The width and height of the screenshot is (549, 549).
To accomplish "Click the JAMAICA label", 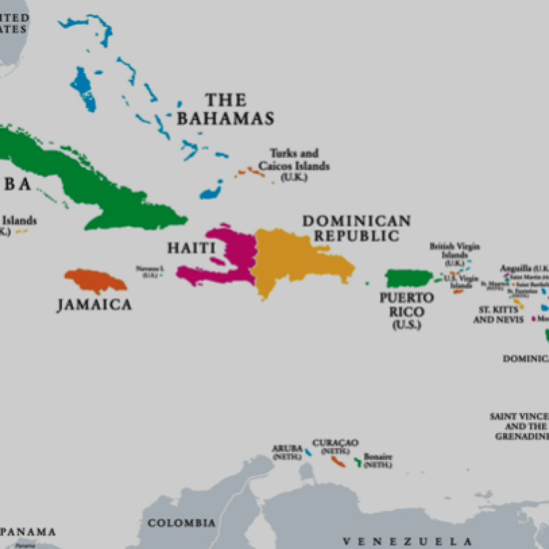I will point(94,305).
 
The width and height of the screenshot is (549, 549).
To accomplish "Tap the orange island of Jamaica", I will point(96,281).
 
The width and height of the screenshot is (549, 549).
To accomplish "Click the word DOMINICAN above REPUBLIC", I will point(356,221).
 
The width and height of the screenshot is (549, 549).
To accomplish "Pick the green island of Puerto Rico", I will point(410,278).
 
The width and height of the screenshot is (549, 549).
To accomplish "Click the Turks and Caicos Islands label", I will point(294,160).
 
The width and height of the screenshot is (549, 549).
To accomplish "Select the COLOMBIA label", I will point(181,523).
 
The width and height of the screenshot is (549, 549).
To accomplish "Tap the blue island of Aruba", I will point(309,452).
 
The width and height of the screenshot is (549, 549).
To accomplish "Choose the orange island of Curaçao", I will point(338,462).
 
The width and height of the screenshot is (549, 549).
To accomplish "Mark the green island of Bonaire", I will point(358,462).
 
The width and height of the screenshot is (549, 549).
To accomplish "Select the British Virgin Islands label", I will point(454,251).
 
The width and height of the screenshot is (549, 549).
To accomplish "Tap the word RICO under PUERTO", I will point(406,312).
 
